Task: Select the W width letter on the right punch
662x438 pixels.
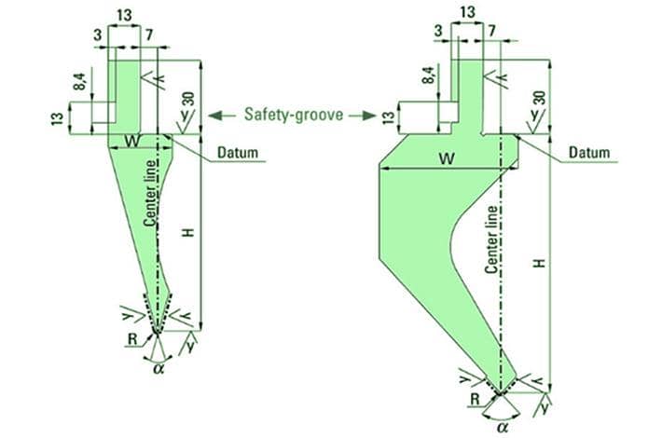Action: [448, 158]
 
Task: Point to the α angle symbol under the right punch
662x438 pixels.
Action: [503, 426]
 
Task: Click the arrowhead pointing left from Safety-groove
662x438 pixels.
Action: [214, 116]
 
